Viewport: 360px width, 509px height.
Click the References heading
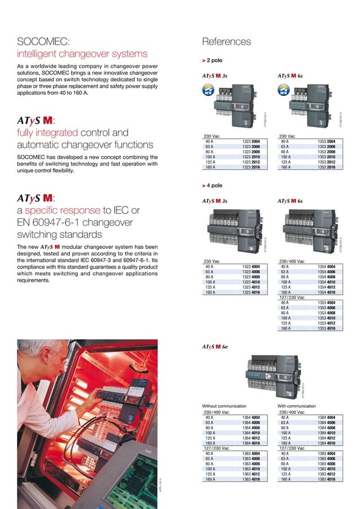click(x=226, y=42)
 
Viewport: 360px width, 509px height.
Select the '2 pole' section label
click(x=214, y=60)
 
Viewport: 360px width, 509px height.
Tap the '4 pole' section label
click(x=214, y=185)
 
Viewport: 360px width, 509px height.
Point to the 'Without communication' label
click(x=224, y=406)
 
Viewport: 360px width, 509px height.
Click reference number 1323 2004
click(x=251, y=141)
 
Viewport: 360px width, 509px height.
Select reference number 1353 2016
click(x=326, y=167)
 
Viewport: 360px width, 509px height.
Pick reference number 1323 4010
click(x=251, y=282)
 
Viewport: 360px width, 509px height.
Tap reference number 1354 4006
click(x=326, y=271)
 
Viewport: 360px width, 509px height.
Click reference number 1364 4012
click(x=251, y=437)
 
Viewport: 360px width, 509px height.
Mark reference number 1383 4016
click(x=326, y=479)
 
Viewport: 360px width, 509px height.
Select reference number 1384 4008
click(x=326, y=427)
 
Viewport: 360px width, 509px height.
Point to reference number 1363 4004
click(x=251, y=453)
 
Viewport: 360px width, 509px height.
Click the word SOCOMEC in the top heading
click(x=42, y=42)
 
